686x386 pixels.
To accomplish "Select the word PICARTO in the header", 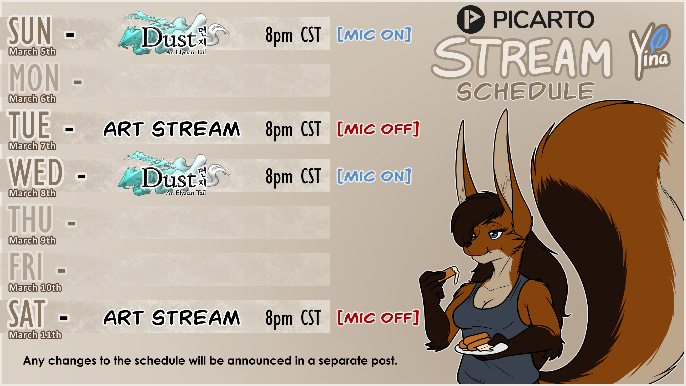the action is click(x=543, y=20).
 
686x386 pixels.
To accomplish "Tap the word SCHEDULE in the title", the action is click(x=525, y=91).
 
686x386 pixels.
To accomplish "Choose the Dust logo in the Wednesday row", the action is click(x=174, y=175).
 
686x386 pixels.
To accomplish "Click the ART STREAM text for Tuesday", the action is click(x=172, y=129).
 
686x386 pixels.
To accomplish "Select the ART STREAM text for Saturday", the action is click(x=172, y=318).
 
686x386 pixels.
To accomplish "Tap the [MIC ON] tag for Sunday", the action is click(x=374, y=35).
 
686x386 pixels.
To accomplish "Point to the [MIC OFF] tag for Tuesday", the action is click(x=378, y=129).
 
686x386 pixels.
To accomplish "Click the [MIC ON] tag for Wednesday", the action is click(x=374, y=176).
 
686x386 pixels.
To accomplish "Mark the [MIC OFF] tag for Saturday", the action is click(x=378, y=318).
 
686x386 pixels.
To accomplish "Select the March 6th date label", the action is click(x=32, y=99).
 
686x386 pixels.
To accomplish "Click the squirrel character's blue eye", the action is click(x=494, y=235).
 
